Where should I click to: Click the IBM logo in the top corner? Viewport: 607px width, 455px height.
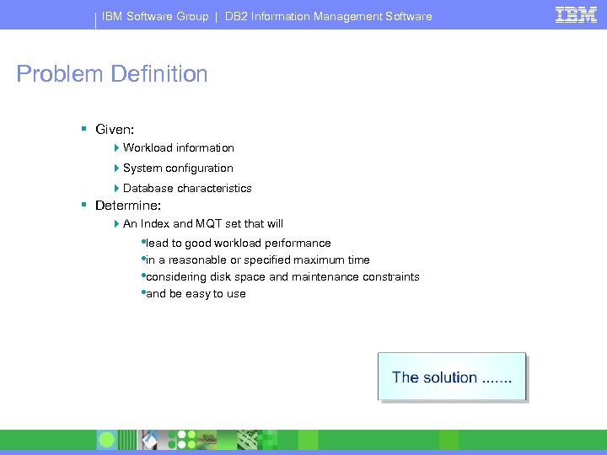[x=576, y=14]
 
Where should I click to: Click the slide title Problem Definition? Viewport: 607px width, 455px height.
[x=112, y=74]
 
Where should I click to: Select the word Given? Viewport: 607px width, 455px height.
[x=113, y=130]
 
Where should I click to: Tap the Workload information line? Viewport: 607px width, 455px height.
[x=178, y=148]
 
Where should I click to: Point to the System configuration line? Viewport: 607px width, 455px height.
[x=178, y=169]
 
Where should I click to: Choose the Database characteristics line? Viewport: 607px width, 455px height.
[x=187, y=189]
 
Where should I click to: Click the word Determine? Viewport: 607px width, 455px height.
[x=127, y=206]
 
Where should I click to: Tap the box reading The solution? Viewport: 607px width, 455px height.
[x=452, y=377]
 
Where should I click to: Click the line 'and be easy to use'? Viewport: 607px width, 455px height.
[x=196, y=294]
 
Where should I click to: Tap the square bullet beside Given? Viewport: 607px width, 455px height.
[x=84, y=130]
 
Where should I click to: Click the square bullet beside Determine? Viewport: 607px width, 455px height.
[x=84, y=205]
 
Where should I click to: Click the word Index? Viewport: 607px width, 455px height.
[x=154, y=224]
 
